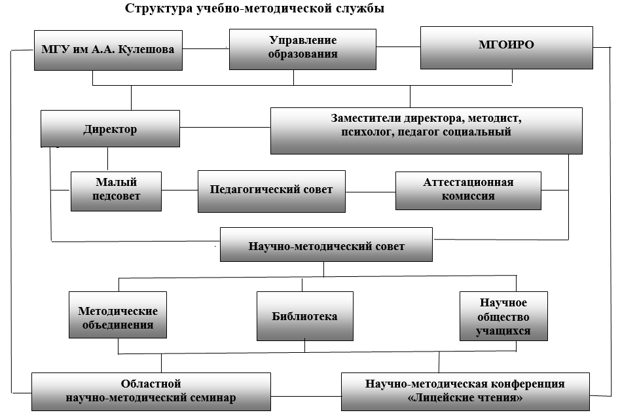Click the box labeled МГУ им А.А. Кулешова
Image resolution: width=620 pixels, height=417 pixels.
click(x=108, y=50)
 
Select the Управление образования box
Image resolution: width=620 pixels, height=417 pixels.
click(x=302, y=49)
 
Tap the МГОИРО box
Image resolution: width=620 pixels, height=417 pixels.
click(x=507, y=48)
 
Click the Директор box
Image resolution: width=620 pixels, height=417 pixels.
click(x=111, y=129)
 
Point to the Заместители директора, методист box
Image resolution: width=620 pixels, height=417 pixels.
click(x=426, y=131)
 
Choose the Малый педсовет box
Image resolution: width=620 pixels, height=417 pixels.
click(x=117, y=191)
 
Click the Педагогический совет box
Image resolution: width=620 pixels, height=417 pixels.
click(x=272, y=191)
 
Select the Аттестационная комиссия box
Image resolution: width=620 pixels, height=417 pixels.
click(x=468, y=190)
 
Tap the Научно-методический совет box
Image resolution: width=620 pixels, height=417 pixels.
click(x=326, y=244)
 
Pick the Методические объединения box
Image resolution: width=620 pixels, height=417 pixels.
click(x=118, y=315)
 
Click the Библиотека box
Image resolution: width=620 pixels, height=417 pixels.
click(x=305, y=316)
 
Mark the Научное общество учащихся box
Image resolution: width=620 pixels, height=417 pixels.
click(x=503, y=316)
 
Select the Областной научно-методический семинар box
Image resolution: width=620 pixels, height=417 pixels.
click(x=151, y=391)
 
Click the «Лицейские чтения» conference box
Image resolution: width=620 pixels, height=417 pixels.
click(x=465, y=391)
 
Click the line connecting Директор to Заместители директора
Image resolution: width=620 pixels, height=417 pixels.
click(x=225, y=127)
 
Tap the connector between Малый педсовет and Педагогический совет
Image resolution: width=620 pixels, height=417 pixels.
click(x=179, y=190)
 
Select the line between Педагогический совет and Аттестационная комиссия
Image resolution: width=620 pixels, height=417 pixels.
click(x=371, y=192)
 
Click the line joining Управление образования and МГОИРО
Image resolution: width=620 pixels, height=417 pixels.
click(x=398, y=47)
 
